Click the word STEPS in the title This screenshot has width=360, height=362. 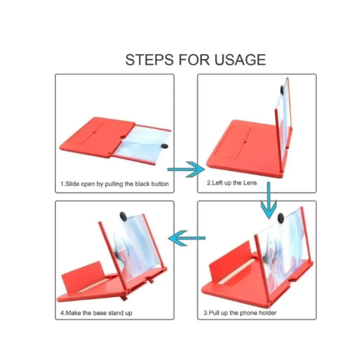click(149, 60)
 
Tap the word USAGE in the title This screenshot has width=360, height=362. click(240, 60)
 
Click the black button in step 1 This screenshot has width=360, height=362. click(164, 146)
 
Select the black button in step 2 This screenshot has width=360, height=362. click(281, 90)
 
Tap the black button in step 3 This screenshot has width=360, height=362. click(281, 218)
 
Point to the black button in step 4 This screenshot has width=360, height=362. click(123, 216)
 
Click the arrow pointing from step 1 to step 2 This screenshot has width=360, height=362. click(186, 169)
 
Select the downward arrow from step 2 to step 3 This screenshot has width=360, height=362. click(268, 200)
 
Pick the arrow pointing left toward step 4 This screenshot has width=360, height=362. click(187, 238)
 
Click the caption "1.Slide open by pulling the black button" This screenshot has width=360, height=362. click(115, 184)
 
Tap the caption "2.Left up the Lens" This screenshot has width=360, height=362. click(232, 183)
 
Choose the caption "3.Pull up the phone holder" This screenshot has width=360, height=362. click(240, 313)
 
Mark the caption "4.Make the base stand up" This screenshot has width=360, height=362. click(96, 313)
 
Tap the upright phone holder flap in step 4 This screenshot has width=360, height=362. click(83, 276)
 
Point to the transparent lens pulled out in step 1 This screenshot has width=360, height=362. click(144, 143)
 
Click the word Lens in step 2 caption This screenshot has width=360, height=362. click(250, 183)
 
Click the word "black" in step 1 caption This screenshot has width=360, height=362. click(142, 184)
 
